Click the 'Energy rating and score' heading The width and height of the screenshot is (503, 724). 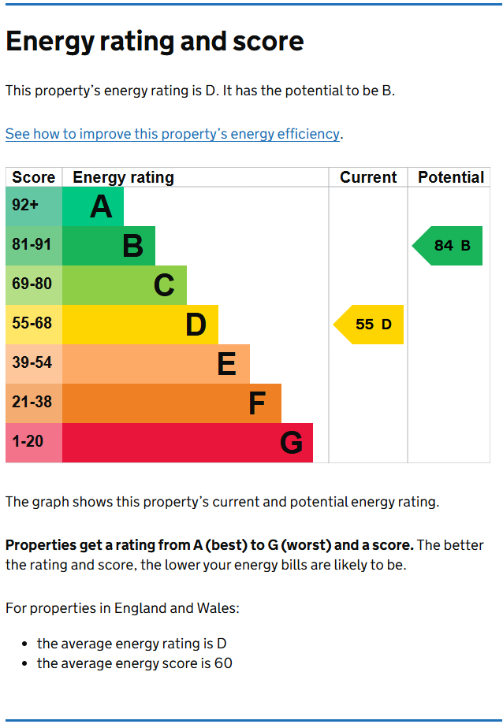tap(155, 42)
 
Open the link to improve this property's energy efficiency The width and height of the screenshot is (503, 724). tap(173, 134)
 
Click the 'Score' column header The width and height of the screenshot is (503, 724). tap(34, 177)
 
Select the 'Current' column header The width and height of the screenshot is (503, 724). tap(368, 177)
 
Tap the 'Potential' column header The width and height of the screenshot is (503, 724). tap(451, 177)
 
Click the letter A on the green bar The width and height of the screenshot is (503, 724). tap(102, 207)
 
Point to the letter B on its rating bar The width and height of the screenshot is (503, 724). tap(133, 247)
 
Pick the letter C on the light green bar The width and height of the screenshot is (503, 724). tap(164, 285)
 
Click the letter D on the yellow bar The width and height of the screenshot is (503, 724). tap(196, 325)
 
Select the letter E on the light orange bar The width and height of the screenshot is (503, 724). tap(226, 364)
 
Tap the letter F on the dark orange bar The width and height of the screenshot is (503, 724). tap(257, 403)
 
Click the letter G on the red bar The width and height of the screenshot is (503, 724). tap(291, 443)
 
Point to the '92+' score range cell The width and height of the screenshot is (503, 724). tap(25, 206)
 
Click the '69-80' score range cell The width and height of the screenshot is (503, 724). tap(32, 284)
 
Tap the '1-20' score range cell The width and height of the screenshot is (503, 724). tap(28, 441)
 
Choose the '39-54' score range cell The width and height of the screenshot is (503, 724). tap(32, 362)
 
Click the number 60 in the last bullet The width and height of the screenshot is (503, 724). tap(223, 663)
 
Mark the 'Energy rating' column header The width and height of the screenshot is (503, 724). tap(123, 177)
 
